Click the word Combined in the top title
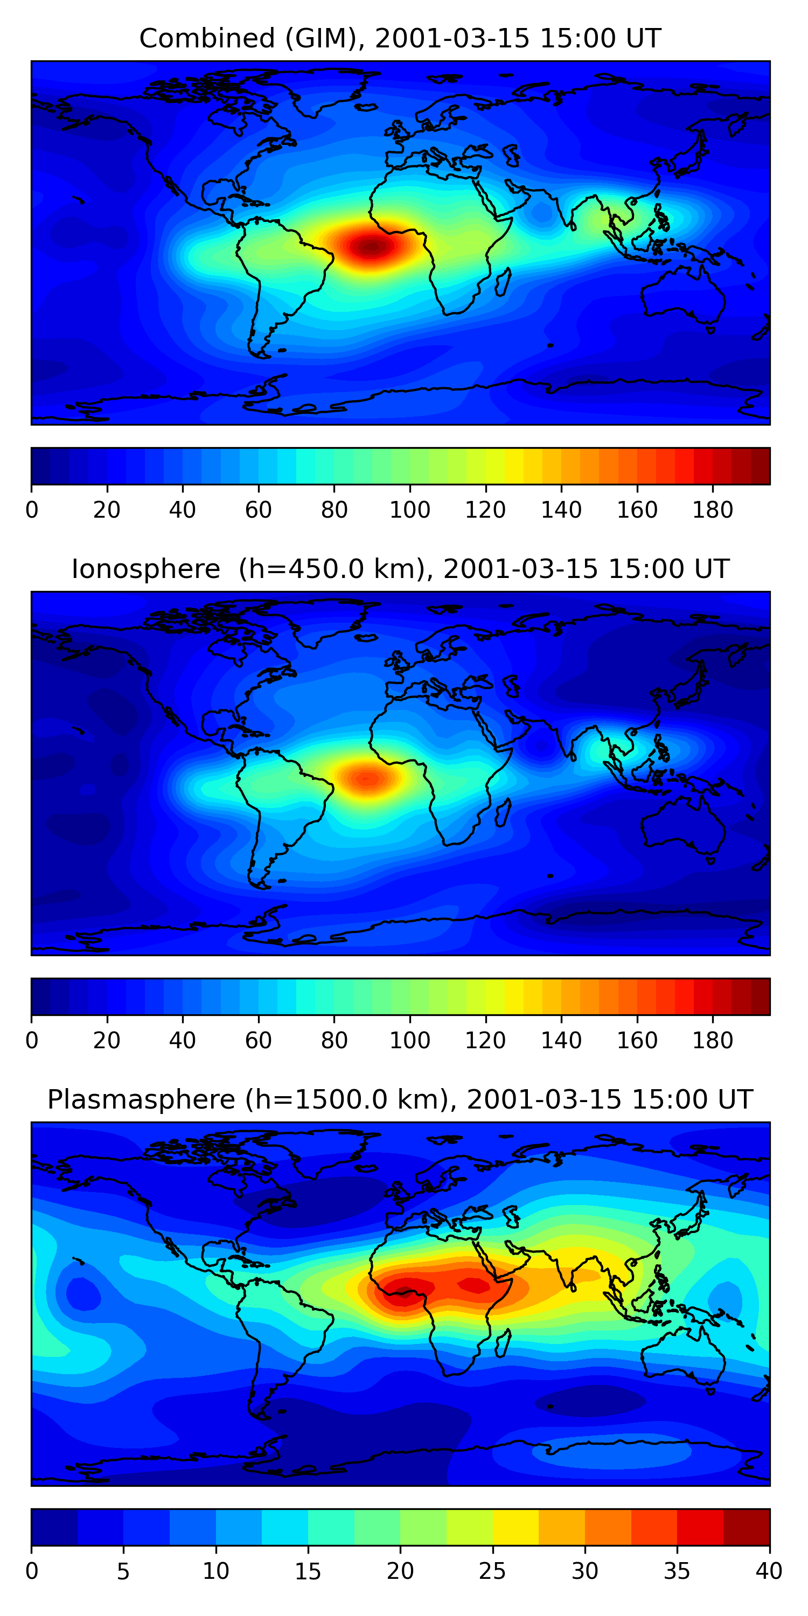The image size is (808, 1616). point(207,39)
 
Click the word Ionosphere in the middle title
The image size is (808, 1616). point(145,569)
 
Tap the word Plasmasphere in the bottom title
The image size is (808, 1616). point(141,1100)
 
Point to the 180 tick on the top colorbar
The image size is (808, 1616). point(713,510)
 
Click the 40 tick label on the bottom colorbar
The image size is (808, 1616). point(769,1571)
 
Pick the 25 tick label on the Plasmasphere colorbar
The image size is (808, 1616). point(492,1571)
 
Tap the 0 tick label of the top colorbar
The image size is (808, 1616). point(32,510)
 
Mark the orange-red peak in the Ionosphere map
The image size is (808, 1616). point(367,778)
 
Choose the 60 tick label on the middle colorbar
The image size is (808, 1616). point(258,1040)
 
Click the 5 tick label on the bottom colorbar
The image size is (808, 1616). point(123,1571)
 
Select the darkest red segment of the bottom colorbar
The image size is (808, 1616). point(746,1527)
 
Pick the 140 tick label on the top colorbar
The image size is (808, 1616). point(561,510)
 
